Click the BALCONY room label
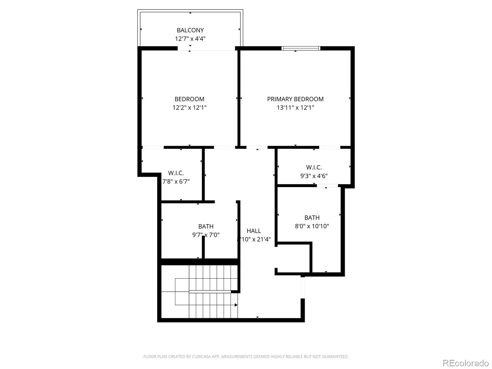190,30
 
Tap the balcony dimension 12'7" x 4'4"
190,38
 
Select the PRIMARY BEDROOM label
295,99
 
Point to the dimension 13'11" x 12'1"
295,108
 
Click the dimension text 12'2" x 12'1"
189,108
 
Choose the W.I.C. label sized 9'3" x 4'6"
314,167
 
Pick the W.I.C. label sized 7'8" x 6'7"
176,173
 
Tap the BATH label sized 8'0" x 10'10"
312,217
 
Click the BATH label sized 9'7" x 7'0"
206,226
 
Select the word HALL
253,231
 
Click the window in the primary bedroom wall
300,48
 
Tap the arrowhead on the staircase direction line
236,305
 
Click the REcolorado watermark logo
466,363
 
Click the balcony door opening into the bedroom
206,48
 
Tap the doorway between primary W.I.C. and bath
327,185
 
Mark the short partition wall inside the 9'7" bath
203,247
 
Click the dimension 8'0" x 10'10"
312,226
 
